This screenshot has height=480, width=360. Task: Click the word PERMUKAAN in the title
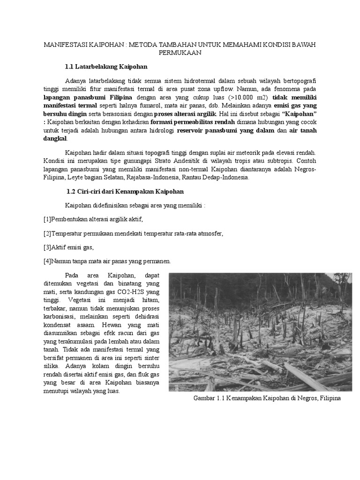tap(180, 53)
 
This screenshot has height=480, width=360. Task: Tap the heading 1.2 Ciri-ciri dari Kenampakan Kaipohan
tap(125, 192)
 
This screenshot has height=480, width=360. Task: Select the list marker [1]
tap(47, 219)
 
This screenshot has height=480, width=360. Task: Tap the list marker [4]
tap(47, 261)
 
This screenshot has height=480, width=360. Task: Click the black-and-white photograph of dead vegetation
tap(260, 332)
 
